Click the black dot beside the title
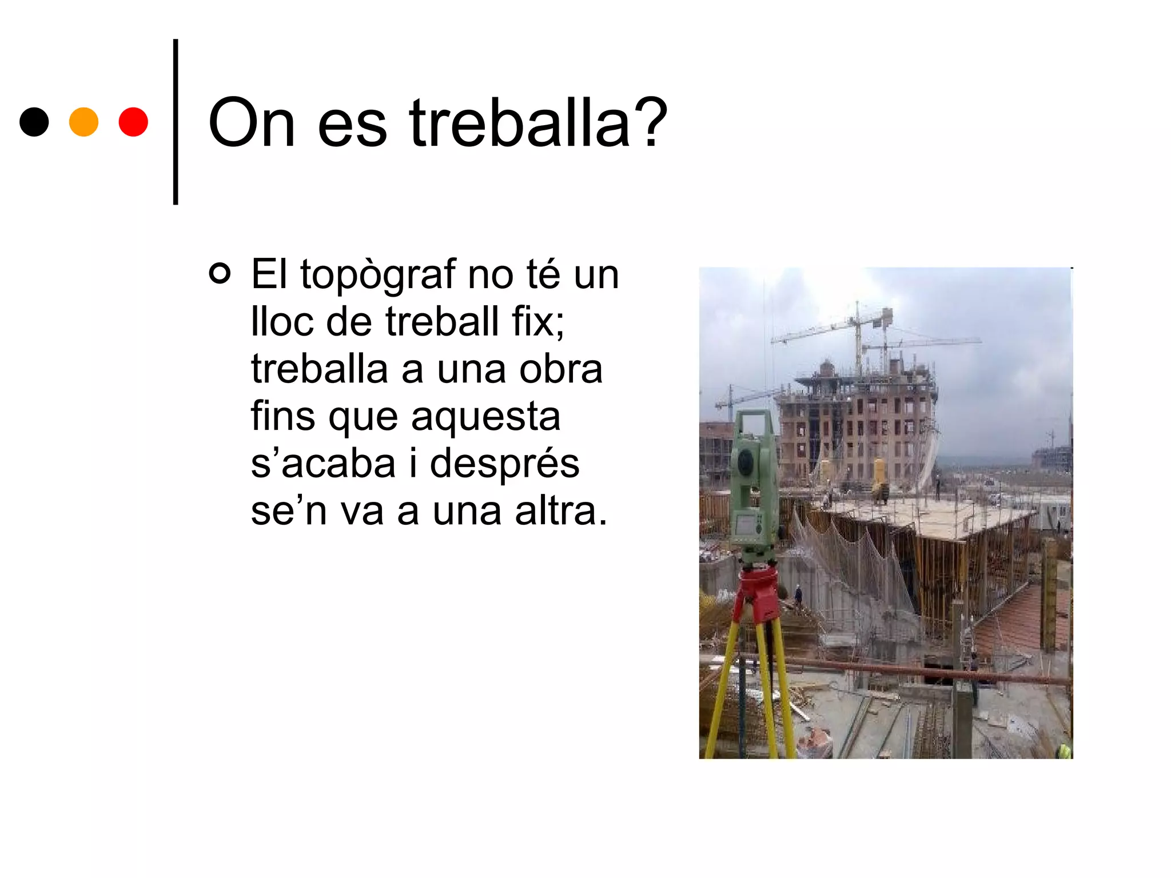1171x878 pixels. coord(34,122)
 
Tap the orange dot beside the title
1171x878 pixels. coord(83,122)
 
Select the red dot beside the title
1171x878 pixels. coord(133,122)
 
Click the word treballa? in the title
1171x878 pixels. coord(538,123)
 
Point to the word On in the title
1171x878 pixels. coord(252,123)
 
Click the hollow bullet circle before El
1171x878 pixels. coord(220,273)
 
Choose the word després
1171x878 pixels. coord(504,463)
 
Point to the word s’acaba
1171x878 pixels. coord(323,463)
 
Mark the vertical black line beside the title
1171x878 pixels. coord(176,122)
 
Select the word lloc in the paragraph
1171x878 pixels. coord(282,321)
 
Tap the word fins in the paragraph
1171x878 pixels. coord(283,416)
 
